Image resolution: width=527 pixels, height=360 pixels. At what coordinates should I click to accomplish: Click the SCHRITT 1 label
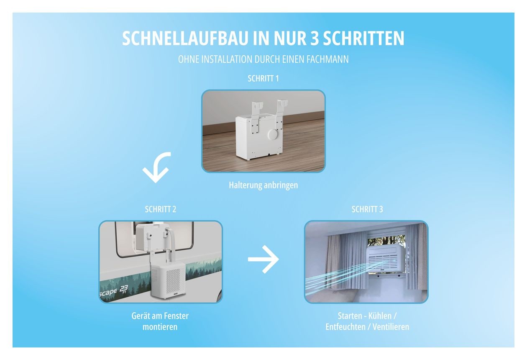click(x=263, y=79)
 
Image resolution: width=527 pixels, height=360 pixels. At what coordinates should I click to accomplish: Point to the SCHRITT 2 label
click(x=161, y=209)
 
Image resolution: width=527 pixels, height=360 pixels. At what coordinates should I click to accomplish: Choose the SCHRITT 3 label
click(x=367, y=209)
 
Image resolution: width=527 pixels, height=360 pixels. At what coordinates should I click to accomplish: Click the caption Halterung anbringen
click(x=263, y=185)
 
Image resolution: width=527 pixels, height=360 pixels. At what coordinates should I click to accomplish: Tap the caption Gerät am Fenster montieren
click(x=161, y=321)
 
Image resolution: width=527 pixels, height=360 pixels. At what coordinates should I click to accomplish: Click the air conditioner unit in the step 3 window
click(x=386, y=260)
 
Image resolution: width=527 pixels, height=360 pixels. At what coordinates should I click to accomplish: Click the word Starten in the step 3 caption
click(x=351, y=316)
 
